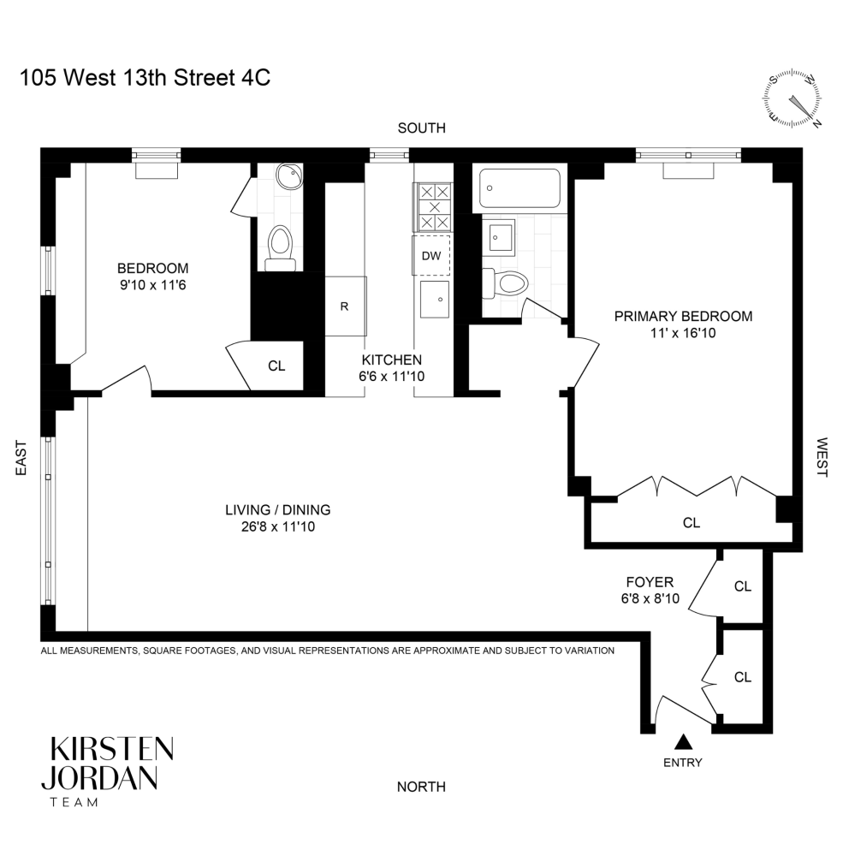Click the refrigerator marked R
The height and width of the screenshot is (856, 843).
(x=344, y=306)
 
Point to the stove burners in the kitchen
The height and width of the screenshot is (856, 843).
(x=435, y=208)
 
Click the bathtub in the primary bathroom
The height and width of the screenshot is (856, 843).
(x=519, y=188)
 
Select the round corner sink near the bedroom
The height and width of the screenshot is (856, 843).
(x=288, y=177)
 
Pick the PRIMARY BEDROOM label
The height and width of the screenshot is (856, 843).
(x=683, y=316)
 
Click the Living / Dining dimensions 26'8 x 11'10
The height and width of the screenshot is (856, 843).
(x=277, y=527)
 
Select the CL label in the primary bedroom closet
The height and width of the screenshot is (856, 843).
(x=691, y=522)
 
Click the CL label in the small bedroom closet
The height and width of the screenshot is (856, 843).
(x=276, y=366)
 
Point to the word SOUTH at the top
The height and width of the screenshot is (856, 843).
(x=421, y=128)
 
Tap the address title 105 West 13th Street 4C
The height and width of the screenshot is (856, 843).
(x=145, y=79)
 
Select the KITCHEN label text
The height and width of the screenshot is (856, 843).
(x=391, y=360)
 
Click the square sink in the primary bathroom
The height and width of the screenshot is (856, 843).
(x=498, y=235)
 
